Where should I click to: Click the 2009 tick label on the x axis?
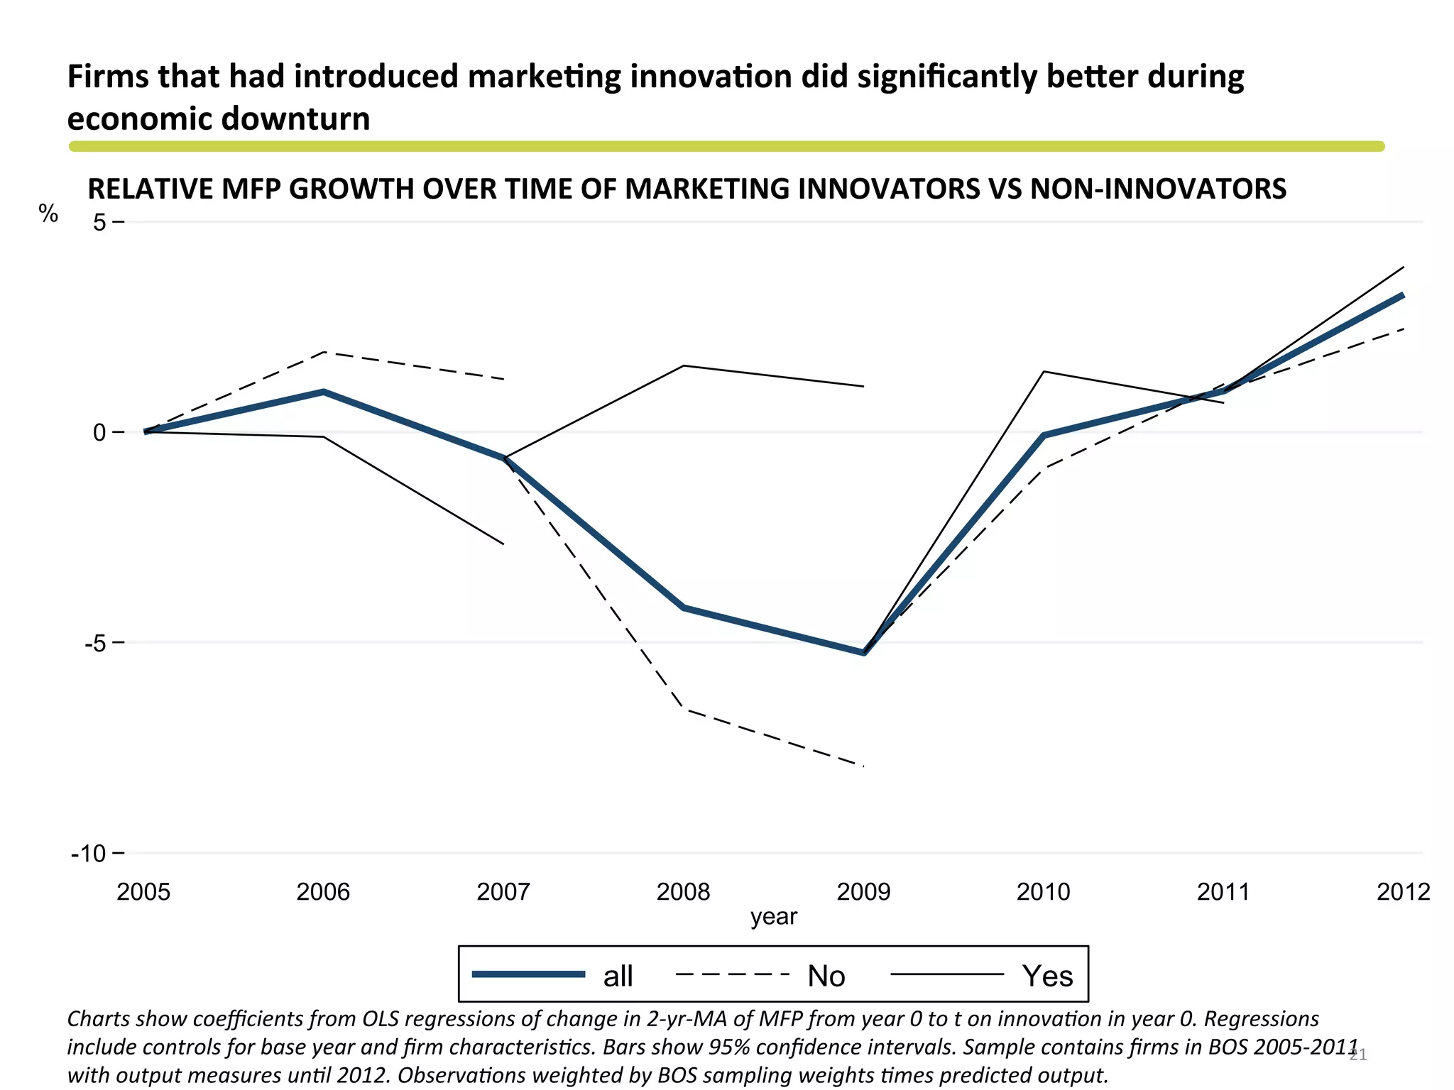[x=863, y=891]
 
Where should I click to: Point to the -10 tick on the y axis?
[x=89, y=853]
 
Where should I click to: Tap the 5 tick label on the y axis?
[x=99, y=222]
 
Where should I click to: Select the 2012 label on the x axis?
[x=1403, y=891]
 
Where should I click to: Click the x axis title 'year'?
[x=774, y=916]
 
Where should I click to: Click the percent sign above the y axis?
[x=48, y=213]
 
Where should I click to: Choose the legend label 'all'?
[x=618, y=976]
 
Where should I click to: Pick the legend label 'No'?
[x=826, y=976]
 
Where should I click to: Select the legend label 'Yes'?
[x=1047, y=976]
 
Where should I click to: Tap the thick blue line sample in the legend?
[x=529, y=974]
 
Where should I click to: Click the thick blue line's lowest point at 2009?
[x=864, y=652]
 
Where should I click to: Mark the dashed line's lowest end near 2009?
[x=863, y=766]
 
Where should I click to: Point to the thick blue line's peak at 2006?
[x=324, y=392]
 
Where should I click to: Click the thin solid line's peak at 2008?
[x=683, y=365]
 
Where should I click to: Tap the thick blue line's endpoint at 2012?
[x=1403, y=294]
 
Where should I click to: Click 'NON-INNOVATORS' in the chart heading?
[x=1158, y=189]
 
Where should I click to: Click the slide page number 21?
[x=1357, y=1055]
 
